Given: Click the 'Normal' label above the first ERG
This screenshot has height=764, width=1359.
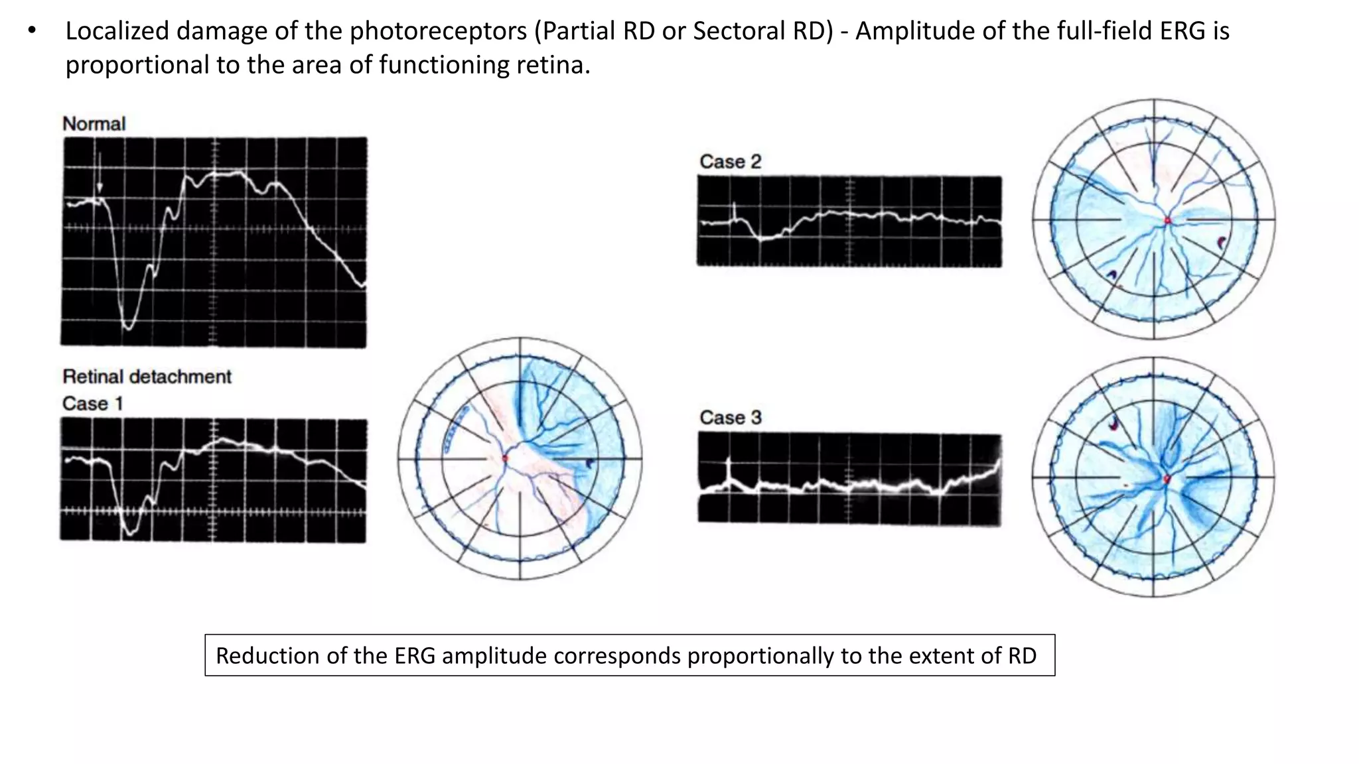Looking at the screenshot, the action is [x=94, y=124].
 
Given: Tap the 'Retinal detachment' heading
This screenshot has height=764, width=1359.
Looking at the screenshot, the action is [x=147, y=377].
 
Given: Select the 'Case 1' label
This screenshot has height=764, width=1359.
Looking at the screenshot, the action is [x=92, y=404].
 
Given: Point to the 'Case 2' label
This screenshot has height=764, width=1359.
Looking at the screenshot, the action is [x=730, y=162].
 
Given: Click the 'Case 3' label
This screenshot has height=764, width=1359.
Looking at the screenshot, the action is [x=730, y=418].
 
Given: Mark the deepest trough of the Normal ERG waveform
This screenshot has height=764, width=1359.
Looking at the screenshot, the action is [x=128, y=326].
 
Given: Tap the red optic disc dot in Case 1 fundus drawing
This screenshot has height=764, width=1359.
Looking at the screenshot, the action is [x=505, y=458].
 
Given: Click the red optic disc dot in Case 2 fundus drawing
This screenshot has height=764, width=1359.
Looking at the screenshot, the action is [x=1168, y=220].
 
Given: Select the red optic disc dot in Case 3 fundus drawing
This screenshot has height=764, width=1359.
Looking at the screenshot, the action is [x=1167, y=478].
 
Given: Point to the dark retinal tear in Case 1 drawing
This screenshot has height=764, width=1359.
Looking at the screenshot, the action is [x=589, y=463].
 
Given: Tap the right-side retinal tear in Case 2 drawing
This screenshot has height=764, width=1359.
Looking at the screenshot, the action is [x=1222, y=243].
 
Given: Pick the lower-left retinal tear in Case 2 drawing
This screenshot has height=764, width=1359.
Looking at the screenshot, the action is [x=1112, y=274].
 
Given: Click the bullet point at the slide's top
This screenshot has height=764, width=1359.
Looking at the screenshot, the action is [x=32, y=31].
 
